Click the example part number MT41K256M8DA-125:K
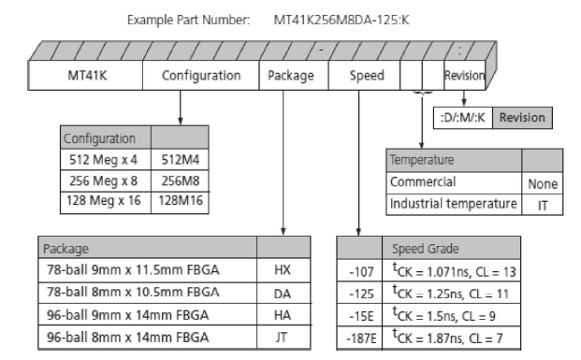(341, 20)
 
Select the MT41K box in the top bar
(85, 75)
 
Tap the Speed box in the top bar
(364, 75)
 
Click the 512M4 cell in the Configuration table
(180, 160)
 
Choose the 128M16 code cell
(180, 202)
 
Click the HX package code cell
(283, 270)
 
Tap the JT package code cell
(283, 337)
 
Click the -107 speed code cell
(359, 271)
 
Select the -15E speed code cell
(359, 315)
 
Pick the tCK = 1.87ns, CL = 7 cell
(451, 338)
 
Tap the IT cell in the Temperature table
(542, 205)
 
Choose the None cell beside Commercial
(542, 183)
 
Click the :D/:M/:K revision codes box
(463, 118)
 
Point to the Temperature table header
(454, 160)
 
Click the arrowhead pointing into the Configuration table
(181, 121)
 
